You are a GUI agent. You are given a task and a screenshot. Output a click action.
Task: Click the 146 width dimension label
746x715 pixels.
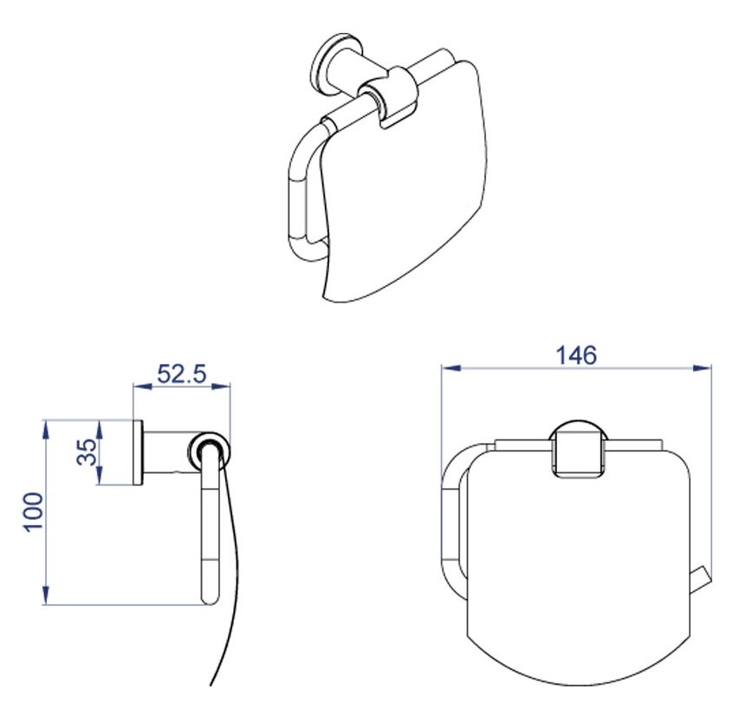[576, 355]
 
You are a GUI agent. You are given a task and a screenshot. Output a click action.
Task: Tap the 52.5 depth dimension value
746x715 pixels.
[182, 374]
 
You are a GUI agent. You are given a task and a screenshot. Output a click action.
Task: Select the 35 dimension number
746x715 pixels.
[87, 452]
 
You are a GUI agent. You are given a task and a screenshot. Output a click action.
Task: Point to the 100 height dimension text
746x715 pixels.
[35, 512]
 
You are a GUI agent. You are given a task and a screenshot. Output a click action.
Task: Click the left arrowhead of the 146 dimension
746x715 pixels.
[451, 368]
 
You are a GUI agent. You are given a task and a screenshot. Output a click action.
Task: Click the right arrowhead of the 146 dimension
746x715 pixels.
[702, 368]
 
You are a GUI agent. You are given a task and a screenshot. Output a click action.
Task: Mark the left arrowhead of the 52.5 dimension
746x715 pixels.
[143, 387]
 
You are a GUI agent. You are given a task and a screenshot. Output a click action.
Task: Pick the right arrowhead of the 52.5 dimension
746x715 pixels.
[221, 387]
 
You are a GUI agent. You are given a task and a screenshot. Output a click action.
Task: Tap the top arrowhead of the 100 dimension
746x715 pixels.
[46, 430]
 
